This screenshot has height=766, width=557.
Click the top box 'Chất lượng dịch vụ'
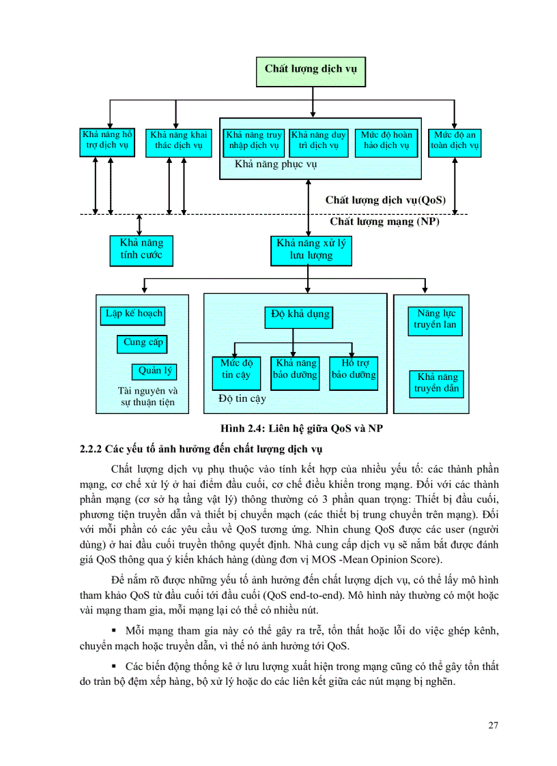[x=311, y=68]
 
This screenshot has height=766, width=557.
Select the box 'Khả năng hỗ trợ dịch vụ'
[x=107, y=141]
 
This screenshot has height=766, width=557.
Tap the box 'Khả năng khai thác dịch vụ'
[x=178, y=141]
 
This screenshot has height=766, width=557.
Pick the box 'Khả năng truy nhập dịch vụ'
[x=253, y=141]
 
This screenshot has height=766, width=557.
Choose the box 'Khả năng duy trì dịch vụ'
[x=319, y=141]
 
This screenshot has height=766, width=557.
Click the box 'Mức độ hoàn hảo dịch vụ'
[x=386, y=141]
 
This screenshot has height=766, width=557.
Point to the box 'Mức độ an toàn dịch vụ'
[x=455, y=141]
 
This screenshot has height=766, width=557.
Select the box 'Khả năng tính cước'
[x=141, y=250]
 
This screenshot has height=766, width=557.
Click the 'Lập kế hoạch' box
[x=134, y=314]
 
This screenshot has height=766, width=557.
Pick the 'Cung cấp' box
[x=143, y=343]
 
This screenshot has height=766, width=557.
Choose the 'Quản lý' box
[x=155, y=372]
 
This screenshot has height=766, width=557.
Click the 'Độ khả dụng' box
[x=300, y=314]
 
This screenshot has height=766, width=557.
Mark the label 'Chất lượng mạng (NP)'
[x=384, y=222]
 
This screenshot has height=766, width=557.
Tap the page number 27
[x=493, y=725]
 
